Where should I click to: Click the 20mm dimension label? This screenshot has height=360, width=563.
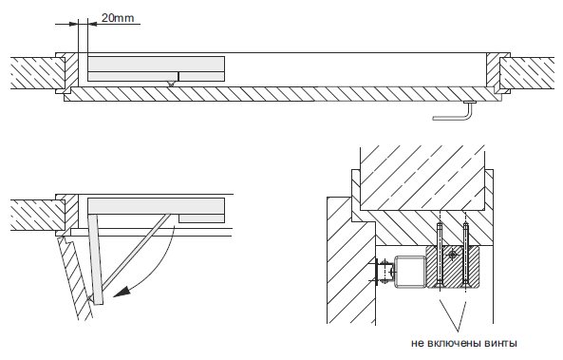click(x=118, y=17)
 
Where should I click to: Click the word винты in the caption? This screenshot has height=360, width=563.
click(x=501, y=343)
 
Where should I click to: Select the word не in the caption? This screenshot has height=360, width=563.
click(x=418, y=343)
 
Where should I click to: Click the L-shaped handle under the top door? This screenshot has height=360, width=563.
click(x=453, y=116)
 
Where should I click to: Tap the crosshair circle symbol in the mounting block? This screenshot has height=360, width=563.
click(x=453, y=256)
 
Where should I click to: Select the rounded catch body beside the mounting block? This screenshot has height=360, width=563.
click(x=410, y=272)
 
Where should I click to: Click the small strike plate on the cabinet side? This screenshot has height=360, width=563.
click(x=377, y=272)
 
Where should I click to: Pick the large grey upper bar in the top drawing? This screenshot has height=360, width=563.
click(x=157, y=64)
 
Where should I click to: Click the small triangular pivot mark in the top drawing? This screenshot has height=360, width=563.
click(x=171, y=84)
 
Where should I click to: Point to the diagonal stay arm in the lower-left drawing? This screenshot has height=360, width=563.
click(x=136, y=252)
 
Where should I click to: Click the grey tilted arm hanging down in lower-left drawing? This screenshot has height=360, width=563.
click(x=96, y=259)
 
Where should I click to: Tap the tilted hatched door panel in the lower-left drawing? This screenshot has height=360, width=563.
click(x=75, y=277)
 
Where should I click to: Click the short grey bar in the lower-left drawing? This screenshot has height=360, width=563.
click(x=202, y=218)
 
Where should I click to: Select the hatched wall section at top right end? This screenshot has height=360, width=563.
click(x=527, y=73)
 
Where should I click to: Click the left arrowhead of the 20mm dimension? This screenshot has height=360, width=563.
click(x=73, y=24)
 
